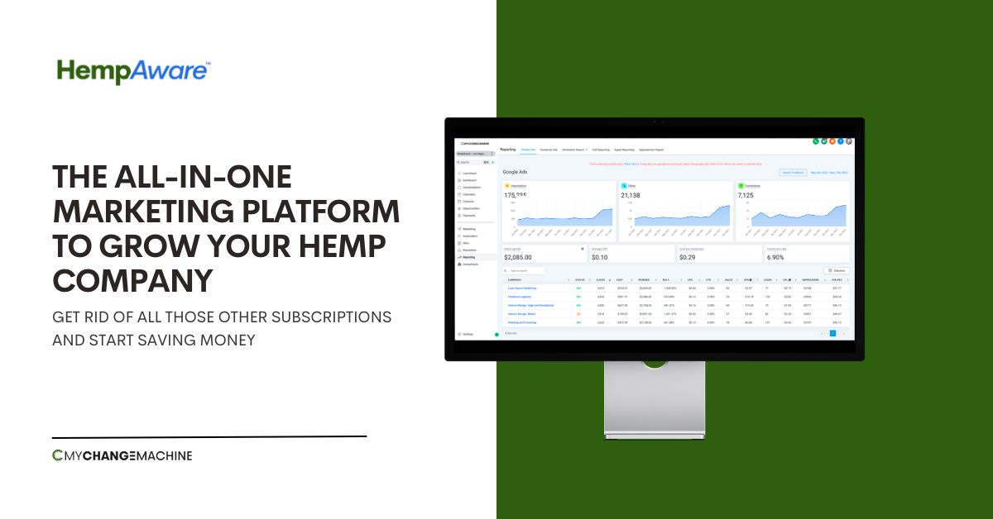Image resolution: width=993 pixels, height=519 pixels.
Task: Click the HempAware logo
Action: tap(133, 70)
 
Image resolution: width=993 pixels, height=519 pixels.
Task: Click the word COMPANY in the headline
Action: tap(132, 280)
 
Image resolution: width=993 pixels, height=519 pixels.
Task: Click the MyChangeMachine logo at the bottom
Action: tap(122, 455)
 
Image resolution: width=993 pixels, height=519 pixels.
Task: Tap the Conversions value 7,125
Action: tap(751, 196)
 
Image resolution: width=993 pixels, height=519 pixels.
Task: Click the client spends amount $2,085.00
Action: tap(524, 257)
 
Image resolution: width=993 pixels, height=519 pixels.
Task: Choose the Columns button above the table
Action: tap(837, 270)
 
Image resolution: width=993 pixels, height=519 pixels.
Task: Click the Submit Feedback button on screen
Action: tap(792, 173)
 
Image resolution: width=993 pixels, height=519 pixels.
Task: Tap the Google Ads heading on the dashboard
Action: tap(515, 172)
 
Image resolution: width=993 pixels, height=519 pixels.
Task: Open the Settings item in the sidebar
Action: tap(468, 334)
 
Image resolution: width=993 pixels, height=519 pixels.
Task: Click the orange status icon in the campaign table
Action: tap(578, 314)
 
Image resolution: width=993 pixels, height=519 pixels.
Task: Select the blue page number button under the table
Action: tap(832, 333)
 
